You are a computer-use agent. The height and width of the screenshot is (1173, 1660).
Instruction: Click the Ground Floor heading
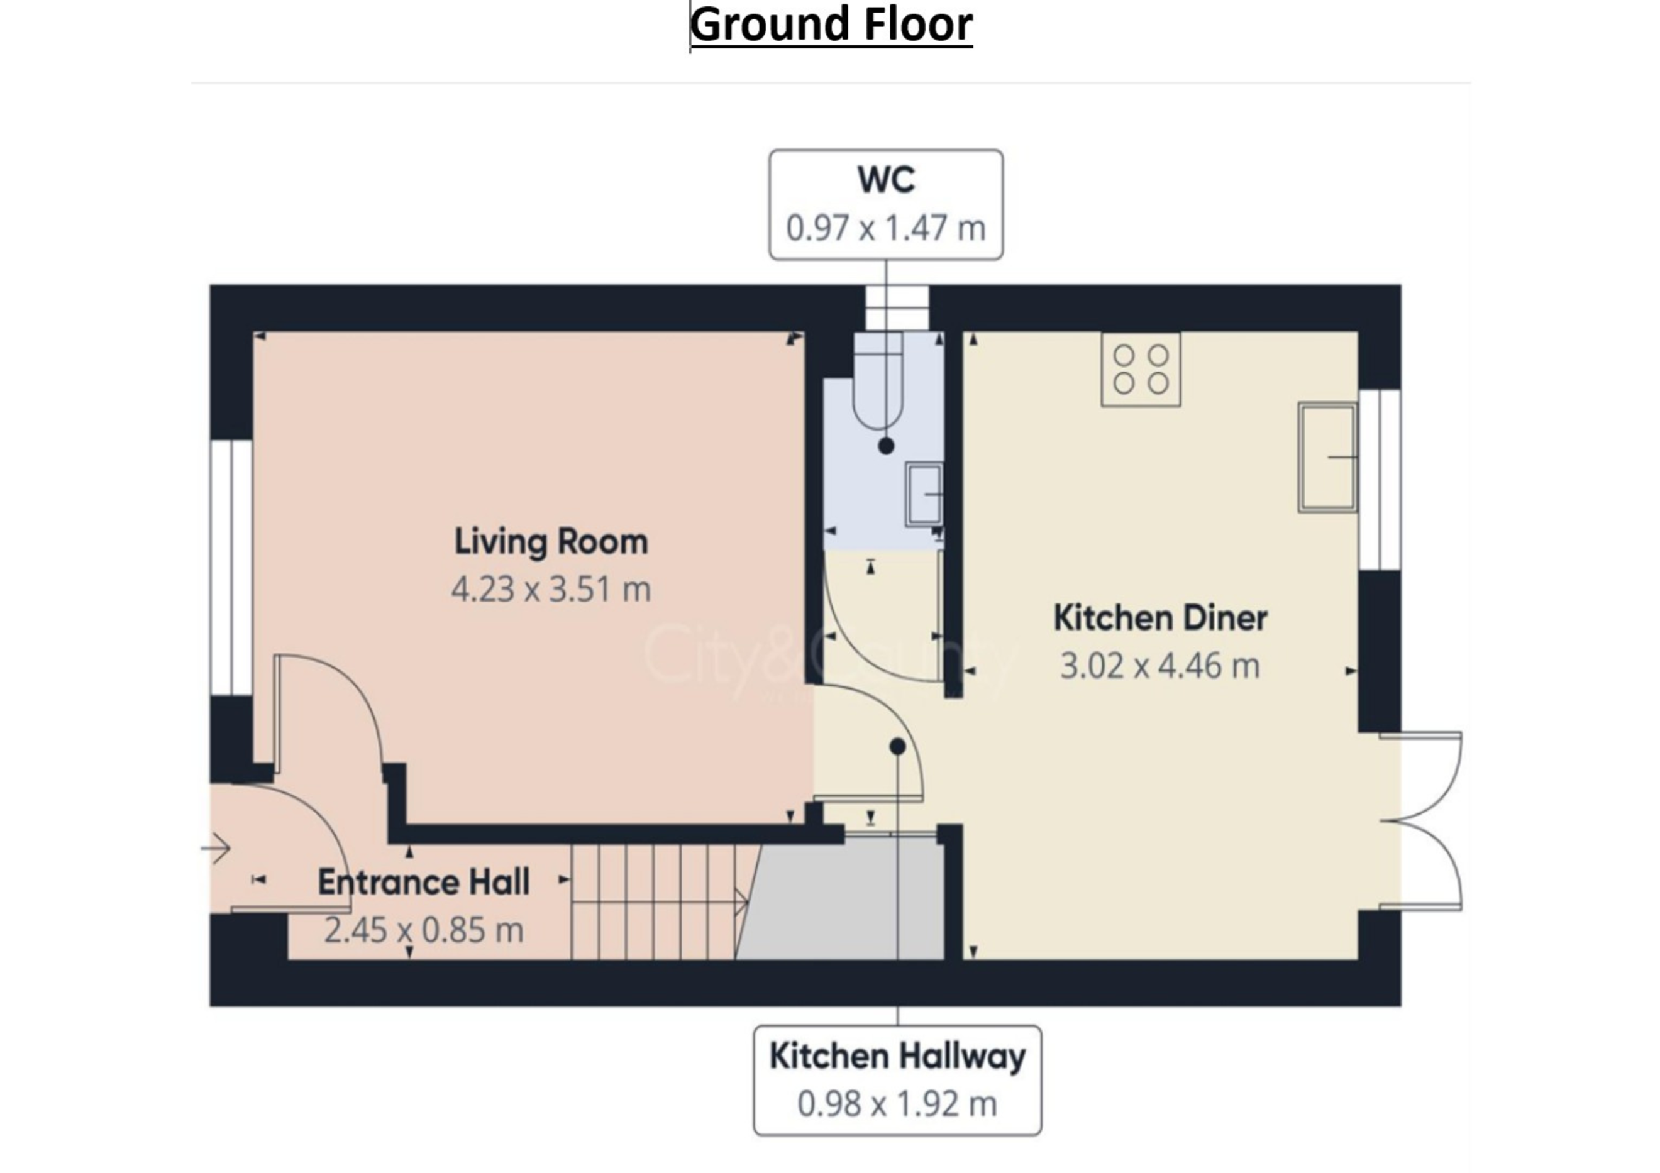point(831,25)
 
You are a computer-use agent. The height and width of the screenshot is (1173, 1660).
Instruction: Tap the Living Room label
point(551,542)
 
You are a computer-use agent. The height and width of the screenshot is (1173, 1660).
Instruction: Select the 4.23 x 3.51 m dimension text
point(551,589)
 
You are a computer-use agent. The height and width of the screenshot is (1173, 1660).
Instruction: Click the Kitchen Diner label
point(1160,618)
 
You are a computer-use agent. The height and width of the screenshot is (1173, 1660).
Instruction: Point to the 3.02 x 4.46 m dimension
point(1160,666)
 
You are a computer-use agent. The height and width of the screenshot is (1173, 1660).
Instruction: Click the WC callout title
point(887,179)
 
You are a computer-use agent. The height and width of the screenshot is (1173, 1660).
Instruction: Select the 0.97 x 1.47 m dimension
point(887,228)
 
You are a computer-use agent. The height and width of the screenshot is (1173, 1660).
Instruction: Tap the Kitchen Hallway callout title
point(897,1057)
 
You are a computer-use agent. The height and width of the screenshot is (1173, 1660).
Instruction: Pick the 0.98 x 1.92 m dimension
point(897,1104)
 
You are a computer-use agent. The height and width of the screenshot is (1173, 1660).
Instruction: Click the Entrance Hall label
point(424,883)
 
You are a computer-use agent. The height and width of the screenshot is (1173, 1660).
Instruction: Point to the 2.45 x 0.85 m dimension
point(424,930)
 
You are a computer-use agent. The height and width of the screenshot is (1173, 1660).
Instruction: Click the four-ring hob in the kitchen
point(1141,368)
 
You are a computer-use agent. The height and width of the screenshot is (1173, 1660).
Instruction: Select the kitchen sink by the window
point(1327,458)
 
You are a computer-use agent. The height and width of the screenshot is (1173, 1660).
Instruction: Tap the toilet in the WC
point(878,382)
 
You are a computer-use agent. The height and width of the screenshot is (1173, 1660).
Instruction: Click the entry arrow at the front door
point(216,849)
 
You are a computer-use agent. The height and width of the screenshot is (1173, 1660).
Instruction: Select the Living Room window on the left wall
point(231,568)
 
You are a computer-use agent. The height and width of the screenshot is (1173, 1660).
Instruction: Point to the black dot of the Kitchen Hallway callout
point(897,747)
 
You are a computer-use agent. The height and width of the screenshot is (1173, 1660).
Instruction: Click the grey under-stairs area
point(846,900)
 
